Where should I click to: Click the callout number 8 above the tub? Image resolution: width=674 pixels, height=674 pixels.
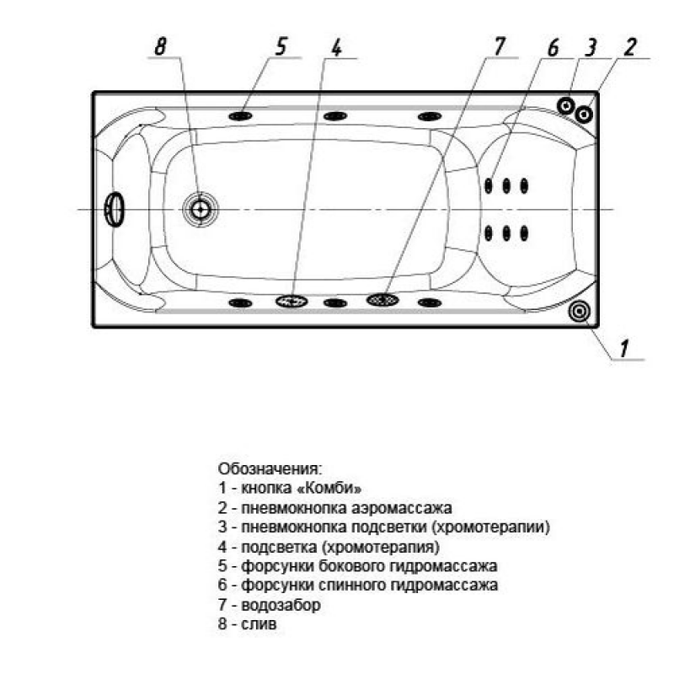161,46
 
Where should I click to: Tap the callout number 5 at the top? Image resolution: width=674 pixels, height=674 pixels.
281,46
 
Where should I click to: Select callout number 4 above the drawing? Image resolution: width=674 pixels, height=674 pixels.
336,47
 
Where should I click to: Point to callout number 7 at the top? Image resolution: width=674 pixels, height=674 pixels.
499,46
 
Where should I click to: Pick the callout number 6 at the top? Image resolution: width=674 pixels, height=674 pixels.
554,47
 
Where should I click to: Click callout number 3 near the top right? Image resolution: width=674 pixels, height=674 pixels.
591,47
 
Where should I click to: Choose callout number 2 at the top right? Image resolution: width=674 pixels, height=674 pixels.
630,47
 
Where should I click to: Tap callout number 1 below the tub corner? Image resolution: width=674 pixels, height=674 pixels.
624,348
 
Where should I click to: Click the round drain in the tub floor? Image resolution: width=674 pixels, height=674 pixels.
201,209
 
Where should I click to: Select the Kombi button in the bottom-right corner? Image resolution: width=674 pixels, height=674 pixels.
579,311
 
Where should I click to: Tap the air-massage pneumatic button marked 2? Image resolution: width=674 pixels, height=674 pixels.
584,115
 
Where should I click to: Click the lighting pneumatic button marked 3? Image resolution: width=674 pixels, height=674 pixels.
566,105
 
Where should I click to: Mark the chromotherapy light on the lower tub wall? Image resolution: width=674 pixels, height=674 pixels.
292,301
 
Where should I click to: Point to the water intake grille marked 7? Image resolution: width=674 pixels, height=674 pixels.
382,300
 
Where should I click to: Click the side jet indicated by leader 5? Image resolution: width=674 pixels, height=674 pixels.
240,116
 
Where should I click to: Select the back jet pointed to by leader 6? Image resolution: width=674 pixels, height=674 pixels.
489,185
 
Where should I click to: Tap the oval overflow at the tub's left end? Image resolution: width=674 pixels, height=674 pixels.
114,209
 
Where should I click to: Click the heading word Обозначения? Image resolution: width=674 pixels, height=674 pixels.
270,468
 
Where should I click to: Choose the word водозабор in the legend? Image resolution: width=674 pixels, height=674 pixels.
281,605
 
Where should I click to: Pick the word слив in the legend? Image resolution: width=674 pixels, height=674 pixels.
259,623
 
